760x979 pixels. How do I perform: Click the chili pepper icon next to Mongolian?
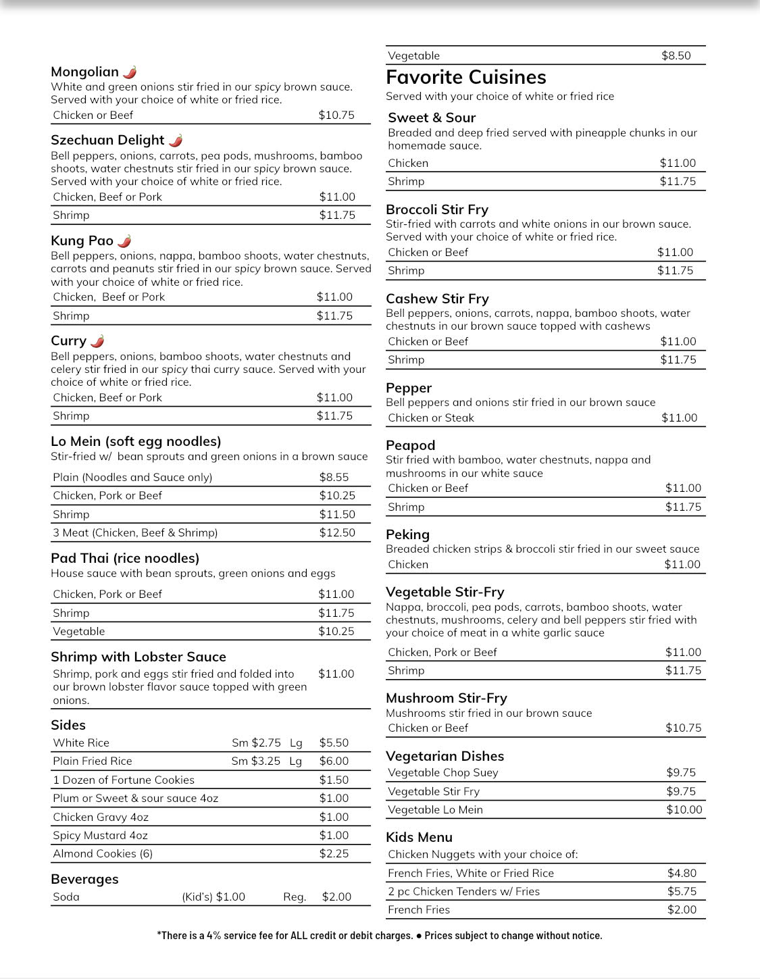[x=130, y=72]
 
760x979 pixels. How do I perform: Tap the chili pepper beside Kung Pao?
[x=124, y=241]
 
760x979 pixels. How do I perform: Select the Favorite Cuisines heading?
[x=466, y=77]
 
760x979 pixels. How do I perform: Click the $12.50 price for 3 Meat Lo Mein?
[x=337, y=532]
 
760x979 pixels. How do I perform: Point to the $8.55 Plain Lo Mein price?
[x=334, y=477]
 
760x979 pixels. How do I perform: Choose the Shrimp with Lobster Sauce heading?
[x=138, y=657]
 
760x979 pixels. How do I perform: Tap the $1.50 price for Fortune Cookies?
[x=334, y=780]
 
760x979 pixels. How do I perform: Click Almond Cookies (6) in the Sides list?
[x=103, y=853]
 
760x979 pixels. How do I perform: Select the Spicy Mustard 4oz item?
[x=100, y=835]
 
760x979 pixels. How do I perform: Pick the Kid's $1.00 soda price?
[x=213, y=897]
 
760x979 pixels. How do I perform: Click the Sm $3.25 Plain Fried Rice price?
[x=256, y=761]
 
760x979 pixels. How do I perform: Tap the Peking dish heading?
[x=407, y=534]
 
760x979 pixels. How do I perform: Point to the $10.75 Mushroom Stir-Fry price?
[x=684, y=728]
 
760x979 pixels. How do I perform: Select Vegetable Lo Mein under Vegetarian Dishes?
[x=435, y=809]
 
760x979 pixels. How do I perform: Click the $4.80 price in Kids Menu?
[x=682, y=873]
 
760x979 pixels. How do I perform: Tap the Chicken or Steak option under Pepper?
[x=431, y=418]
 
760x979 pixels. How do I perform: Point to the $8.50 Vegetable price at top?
[x=676, y=55]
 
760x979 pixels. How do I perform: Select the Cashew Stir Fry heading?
[x=437, y=299]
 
